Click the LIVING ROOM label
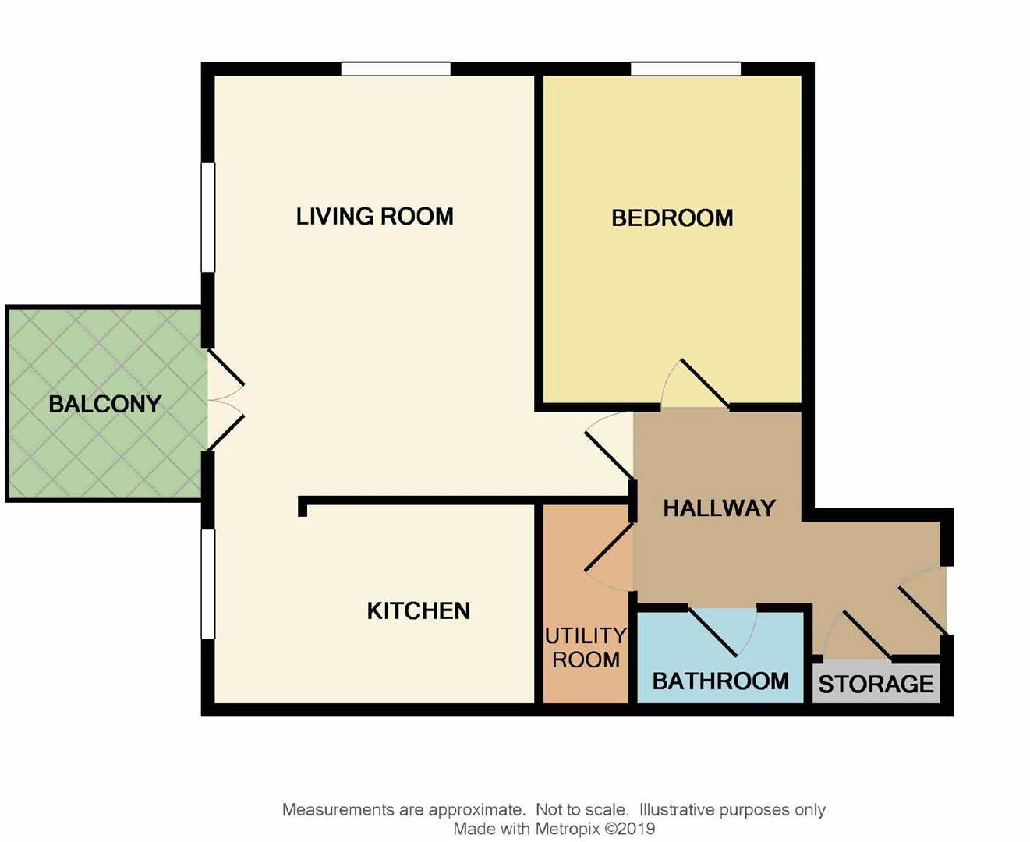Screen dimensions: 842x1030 click(374, 216)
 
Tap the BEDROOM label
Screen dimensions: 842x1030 click(672, 218)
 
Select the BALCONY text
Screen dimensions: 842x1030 click(104, 404)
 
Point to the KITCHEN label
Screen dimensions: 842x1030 click(419, 610)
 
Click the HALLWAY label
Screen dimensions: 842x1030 click(719, 508)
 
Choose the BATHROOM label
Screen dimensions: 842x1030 click(720, 681)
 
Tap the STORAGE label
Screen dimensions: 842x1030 click(876, 685)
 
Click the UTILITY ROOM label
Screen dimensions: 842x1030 click(586, 648)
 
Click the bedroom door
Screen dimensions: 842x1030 click(696, 386)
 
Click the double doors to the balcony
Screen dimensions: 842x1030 click(225, 400)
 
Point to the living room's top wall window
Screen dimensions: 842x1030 click(396, 69)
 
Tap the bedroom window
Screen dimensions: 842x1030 click(685, 69)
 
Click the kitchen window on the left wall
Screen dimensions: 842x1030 click(208, 584)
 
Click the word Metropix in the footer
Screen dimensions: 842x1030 click(568, 830)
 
